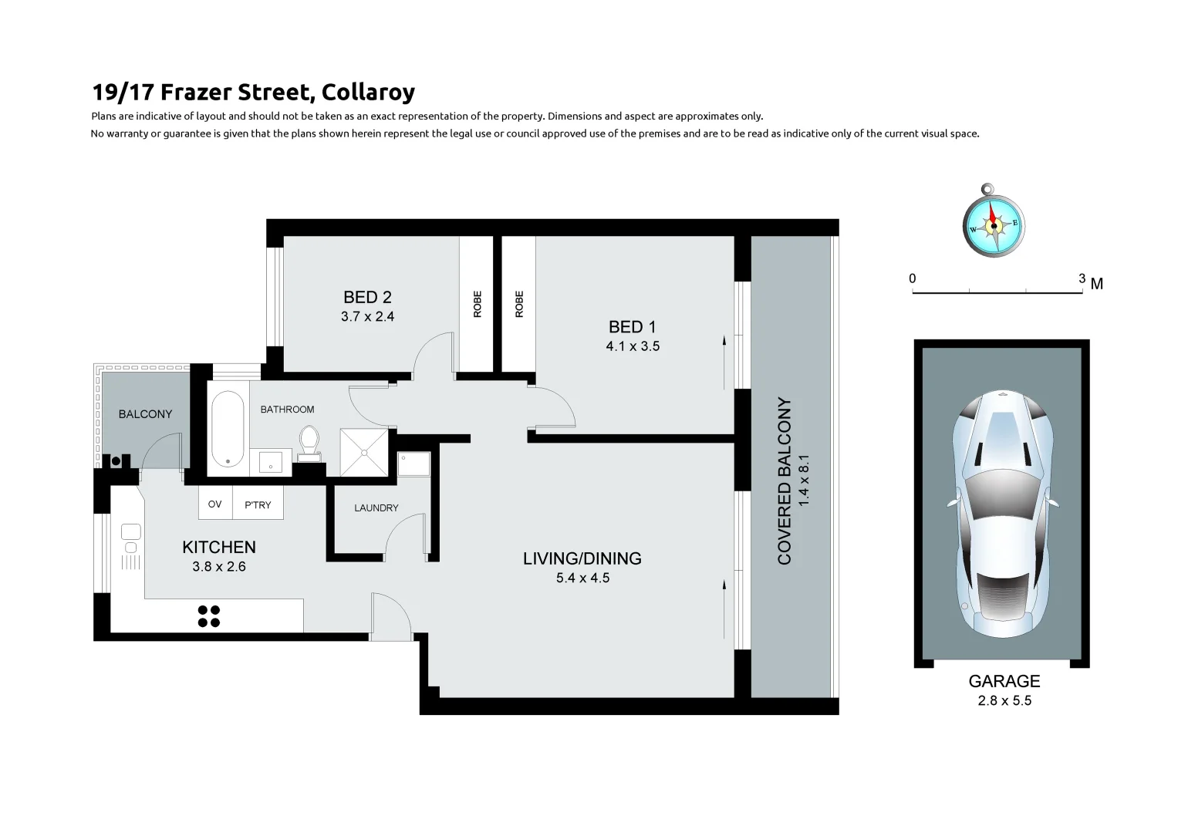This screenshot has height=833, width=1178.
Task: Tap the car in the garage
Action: [x=1001, y=514]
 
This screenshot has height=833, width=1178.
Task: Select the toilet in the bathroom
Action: [x=309, y=443]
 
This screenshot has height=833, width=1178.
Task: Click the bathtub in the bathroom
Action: [x=228, y=429]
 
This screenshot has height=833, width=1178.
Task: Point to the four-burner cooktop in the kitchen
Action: [x=208, y=615]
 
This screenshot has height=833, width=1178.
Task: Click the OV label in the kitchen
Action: [x=215, y=504]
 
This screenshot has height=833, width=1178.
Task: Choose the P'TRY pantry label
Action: [x=258, y=505]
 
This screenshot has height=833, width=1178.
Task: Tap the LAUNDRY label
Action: [x=376, y=508]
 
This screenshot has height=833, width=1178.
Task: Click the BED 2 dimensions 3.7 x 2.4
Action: [x=367, y=316]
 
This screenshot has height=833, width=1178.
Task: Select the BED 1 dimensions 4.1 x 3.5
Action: [x=633, y=346]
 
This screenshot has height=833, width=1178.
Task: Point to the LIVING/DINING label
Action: [x=582, y=558]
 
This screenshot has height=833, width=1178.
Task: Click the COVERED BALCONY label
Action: [x=785, y=481]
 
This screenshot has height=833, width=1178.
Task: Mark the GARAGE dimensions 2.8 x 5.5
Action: [x=1004, y=701]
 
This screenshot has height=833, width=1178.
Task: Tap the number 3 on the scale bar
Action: [x=1082, y=278]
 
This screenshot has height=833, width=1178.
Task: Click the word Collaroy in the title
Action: [x=368, y=93]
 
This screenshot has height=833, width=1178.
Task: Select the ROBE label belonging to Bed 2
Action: [x=477, y=304]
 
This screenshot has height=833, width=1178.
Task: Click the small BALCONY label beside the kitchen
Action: [x=145, y=414]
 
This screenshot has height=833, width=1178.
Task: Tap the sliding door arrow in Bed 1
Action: [x=725, y=363]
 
